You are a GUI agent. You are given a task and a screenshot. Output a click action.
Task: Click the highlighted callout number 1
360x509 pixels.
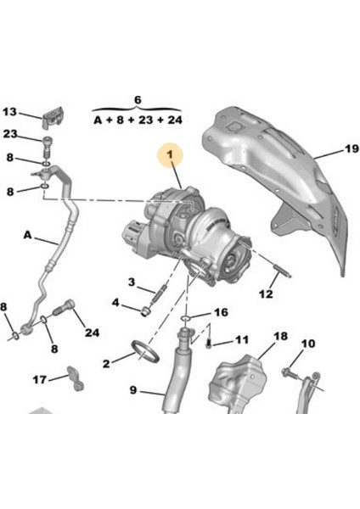pos(171,155)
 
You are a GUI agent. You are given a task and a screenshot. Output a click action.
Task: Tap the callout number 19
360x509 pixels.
pos(352,149)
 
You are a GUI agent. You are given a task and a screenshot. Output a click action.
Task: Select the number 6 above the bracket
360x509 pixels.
pos(138,100)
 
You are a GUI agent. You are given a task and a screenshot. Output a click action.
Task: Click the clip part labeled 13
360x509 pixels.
pos(53,117)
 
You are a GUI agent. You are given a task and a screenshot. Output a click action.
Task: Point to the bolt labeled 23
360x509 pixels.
pos(46,148)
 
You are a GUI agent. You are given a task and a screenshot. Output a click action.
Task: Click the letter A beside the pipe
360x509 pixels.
pos(28,234)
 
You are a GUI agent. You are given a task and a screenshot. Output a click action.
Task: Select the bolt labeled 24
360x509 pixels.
pos(64,308)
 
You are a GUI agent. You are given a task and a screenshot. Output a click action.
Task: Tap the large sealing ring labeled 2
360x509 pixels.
pos(145,351)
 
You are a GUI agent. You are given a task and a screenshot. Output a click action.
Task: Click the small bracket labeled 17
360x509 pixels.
pos(76,378)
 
